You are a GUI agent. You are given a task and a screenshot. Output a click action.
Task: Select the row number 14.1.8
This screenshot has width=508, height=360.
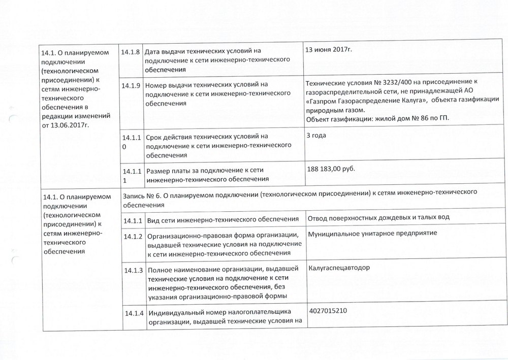[131, 51]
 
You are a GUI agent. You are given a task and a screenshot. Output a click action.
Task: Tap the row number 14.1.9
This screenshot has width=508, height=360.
[131, 85]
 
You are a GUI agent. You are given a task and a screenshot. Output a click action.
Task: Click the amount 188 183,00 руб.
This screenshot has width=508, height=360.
[331, 168]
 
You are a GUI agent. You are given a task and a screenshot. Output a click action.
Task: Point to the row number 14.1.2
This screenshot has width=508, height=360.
[131, 236]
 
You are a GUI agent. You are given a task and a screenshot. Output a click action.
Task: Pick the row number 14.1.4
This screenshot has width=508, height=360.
[131, 312]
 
